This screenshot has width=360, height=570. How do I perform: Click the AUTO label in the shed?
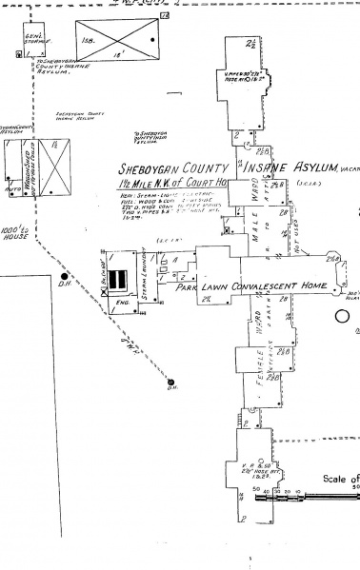point(10,190)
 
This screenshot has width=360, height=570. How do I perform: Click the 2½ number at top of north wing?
point(250,43)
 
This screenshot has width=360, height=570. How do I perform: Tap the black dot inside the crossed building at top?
point(151,40)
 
